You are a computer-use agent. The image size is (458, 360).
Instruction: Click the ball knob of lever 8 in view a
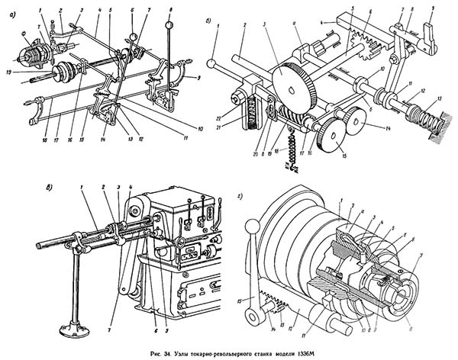coord(169,25)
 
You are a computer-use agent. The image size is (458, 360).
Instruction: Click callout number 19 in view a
coord(7,70)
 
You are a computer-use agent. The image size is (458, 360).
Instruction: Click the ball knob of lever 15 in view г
coord(250,227)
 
